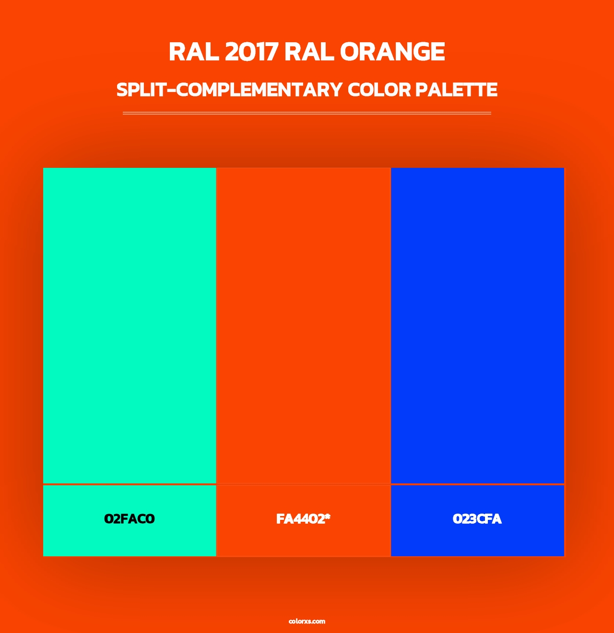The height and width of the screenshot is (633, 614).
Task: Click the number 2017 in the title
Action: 251,52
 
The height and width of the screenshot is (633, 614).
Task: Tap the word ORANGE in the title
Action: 392,52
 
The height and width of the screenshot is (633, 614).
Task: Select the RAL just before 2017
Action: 193,52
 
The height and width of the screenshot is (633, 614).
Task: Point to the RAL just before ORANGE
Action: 309,52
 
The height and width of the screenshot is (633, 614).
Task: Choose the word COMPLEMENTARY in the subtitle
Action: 259,90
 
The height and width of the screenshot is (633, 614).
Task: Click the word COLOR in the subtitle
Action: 379,90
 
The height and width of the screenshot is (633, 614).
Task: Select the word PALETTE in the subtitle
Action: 456,90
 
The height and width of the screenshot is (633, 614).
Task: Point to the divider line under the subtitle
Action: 307,113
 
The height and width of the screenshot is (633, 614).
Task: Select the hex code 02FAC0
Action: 130,519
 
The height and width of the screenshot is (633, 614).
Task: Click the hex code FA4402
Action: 301,519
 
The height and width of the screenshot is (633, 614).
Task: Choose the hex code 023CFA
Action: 477,519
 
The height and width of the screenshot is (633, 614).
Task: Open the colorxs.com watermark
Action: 307,621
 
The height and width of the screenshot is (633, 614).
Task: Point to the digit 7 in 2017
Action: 272,52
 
